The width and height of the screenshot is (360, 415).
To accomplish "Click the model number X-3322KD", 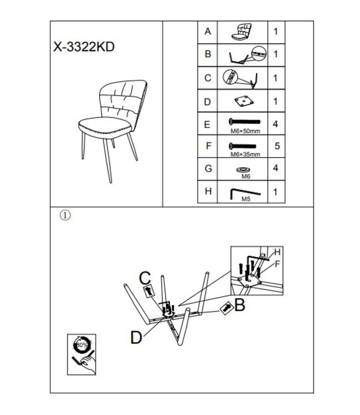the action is point(84,47).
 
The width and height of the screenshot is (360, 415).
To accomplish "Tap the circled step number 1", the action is point(65,215).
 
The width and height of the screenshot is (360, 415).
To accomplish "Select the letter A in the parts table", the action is point(208,32).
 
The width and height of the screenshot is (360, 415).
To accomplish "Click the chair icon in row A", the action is point(241,32).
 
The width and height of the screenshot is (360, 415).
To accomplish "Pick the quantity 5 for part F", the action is point(277,146).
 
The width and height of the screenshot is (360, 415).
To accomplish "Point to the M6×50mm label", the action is point(245,131).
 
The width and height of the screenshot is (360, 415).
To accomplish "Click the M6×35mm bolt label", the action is point(245,154).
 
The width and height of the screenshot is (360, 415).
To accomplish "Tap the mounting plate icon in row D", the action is point(244,101).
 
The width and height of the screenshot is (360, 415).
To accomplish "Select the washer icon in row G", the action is point(244,170).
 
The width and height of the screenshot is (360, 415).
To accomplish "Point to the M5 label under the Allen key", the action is point(246,199).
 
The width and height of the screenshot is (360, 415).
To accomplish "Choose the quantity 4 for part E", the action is point(275,124).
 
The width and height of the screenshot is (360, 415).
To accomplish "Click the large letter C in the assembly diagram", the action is point(145,278).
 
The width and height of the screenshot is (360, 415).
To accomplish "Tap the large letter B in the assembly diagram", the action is point(240,305).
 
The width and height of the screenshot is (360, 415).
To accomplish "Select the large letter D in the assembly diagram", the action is point(136,338).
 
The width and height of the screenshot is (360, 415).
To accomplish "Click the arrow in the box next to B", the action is point(227,308).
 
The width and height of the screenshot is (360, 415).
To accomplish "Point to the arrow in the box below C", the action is point(150,290).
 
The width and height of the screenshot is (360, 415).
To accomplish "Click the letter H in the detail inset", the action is point(277,252).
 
